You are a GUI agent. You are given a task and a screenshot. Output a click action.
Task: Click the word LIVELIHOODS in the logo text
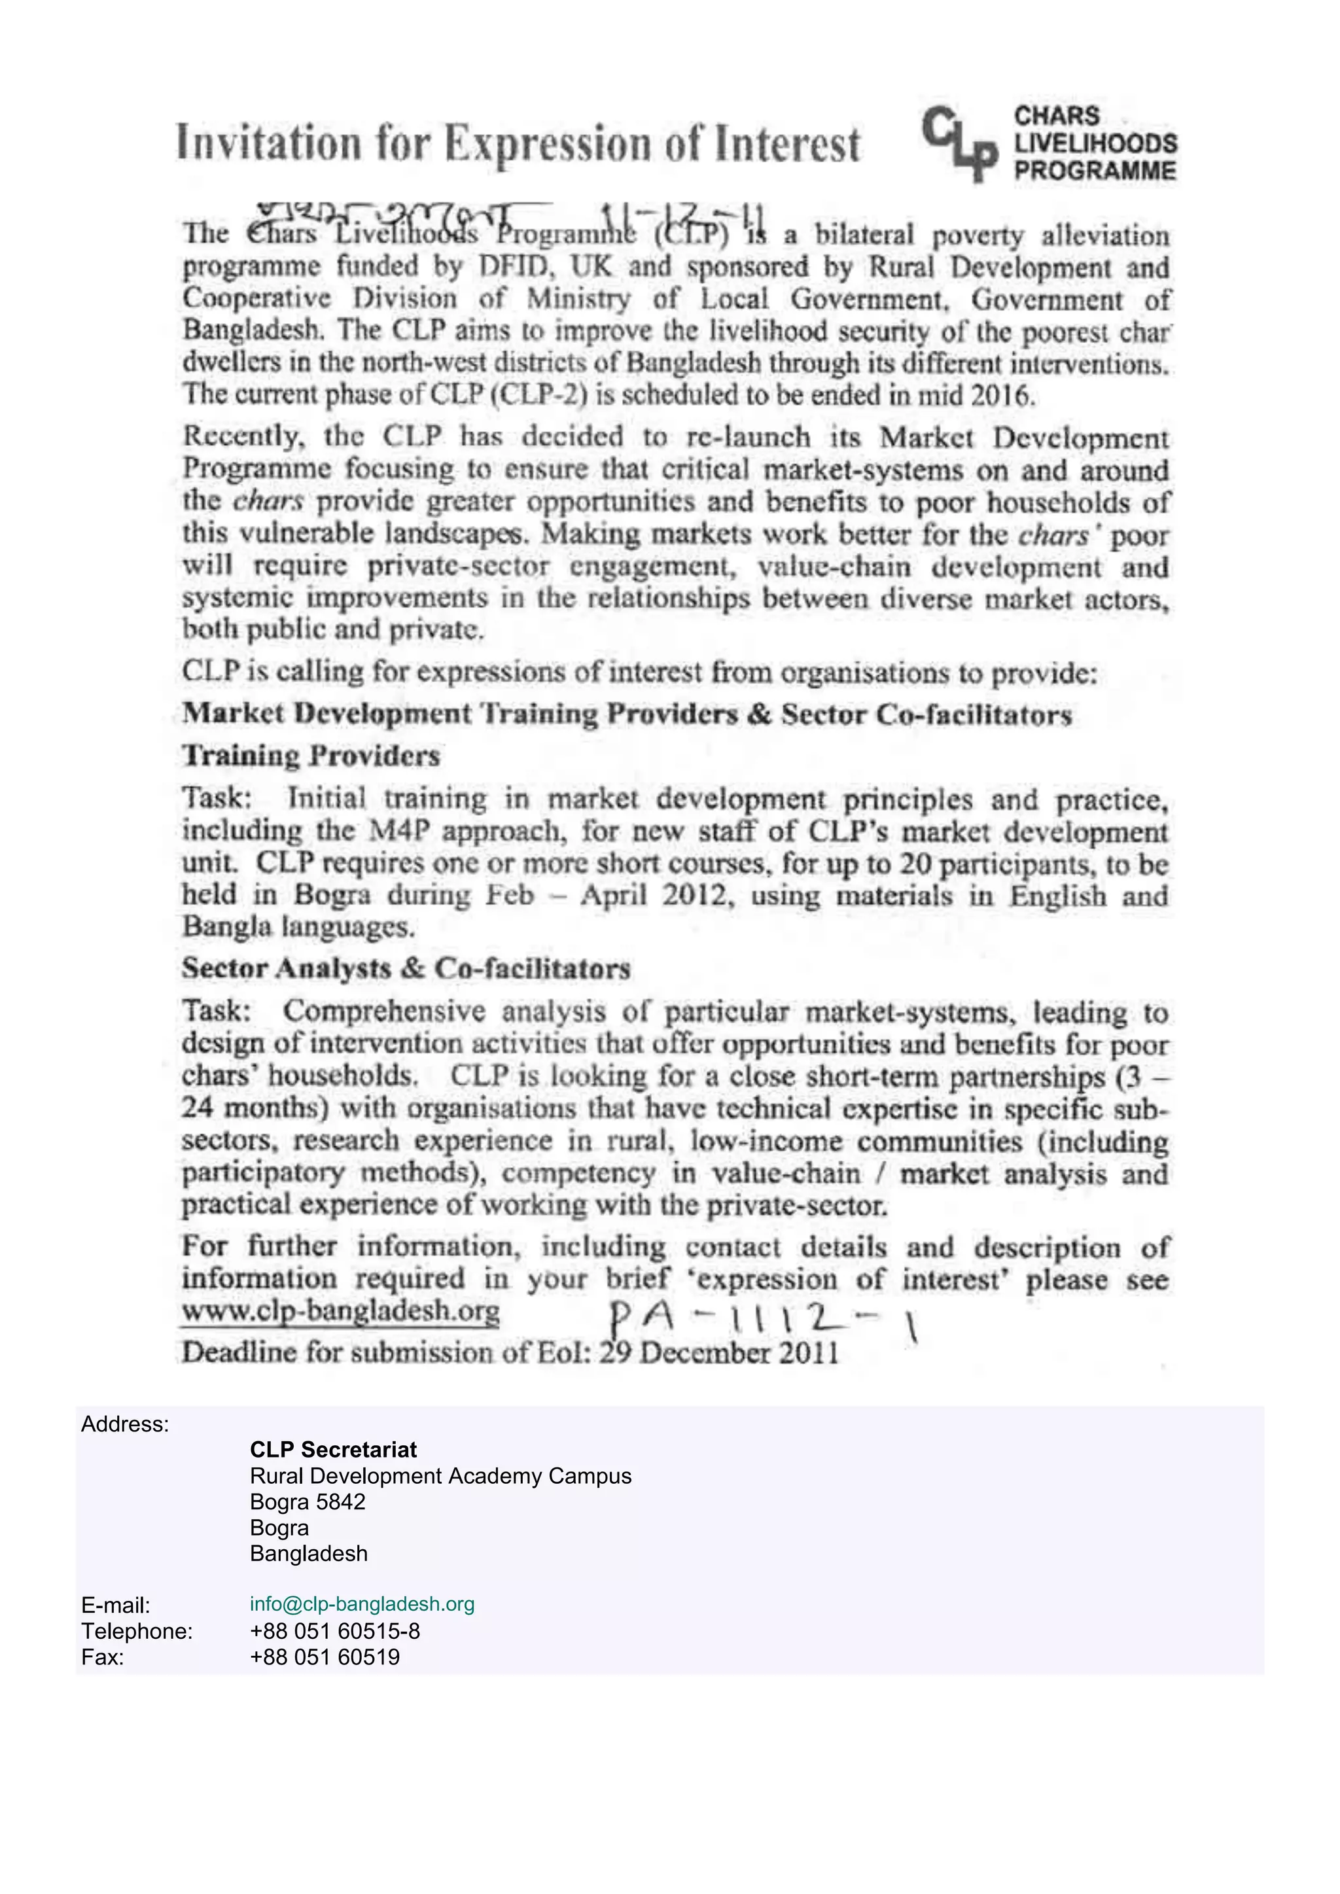pos(1095,143)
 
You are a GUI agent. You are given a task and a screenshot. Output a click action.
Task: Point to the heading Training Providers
pos(311,756)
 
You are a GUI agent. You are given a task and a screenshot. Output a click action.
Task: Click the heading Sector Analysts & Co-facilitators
pos(406,968)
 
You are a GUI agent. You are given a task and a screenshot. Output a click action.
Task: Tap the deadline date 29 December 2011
pos(718,1353)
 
